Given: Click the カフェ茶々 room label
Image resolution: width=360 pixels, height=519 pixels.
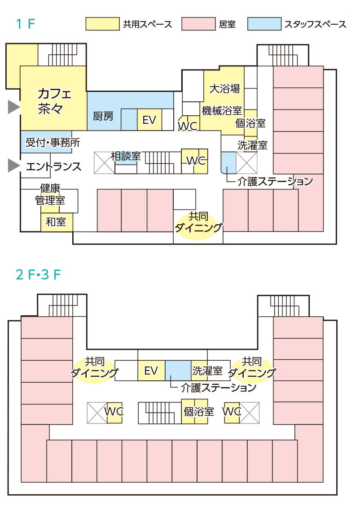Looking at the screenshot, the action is pos(54,101).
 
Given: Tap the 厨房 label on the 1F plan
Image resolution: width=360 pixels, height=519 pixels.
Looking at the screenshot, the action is pos(103,116).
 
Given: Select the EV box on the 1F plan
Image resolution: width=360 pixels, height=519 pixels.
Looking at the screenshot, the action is pos(149,120).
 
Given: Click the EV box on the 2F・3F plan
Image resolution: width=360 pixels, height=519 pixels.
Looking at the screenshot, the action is pos(151,371).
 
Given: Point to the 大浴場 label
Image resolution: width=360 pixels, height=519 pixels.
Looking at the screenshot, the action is pos(224,88).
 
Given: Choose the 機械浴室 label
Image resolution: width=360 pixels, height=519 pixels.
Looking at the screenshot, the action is pos(222,110).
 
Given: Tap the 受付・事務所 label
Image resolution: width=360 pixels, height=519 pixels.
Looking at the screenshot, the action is pos(53,143).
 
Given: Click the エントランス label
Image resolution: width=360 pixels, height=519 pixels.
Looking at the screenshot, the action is pos(54,166).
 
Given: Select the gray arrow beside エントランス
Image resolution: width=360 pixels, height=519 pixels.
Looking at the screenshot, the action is pos(14,165).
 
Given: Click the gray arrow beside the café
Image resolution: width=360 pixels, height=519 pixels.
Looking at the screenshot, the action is pos(14,107).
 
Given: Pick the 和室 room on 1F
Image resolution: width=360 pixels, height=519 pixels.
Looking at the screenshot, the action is pos(56,222).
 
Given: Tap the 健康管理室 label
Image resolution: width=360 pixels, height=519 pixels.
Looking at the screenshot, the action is pos(50,194).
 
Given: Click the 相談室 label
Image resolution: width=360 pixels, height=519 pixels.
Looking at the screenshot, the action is pos(126,156).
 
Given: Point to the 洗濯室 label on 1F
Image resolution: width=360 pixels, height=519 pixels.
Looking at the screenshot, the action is pos(252,145).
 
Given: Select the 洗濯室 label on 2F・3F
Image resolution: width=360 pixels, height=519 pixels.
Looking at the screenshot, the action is pos(207,371).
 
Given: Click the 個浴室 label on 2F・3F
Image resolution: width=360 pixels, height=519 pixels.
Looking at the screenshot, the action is pos(199,412).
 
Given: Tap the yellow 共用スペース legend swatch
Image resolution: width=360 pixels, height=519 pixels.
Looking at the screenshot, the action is pos(102,24).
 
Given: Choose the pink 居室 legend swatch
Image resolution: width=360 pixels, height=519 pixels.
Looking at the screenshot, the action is pos(198,24).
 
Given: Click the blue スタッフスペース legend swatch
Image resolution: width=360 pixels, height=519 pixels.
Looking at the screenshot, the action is pos(264,24).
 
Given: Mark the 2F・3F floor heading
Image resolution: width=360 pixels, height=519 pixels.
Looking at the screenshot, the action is pos(38,275).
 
